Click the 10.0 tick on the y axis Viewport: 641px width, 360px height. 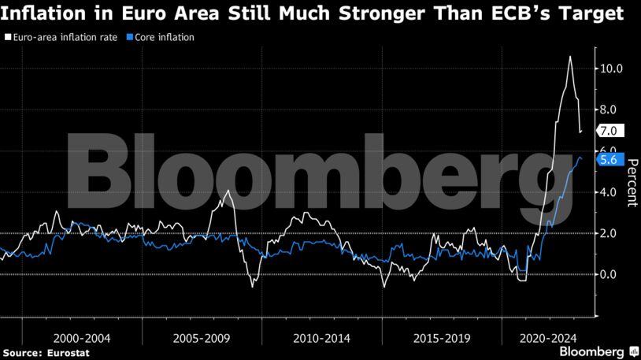tap(611, 69)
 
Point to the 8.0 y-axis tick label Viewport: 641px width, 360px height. tap(611, 109)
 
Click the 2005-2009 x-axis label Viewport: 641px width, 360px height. tap(202, 338)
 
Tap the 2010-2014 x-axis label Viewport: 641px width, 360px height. tap(321, 338)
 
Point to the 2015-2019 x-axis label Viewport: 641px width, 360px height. tap(442, 338)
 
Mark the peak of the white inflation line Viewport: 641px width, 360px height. tap(570, 57)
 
